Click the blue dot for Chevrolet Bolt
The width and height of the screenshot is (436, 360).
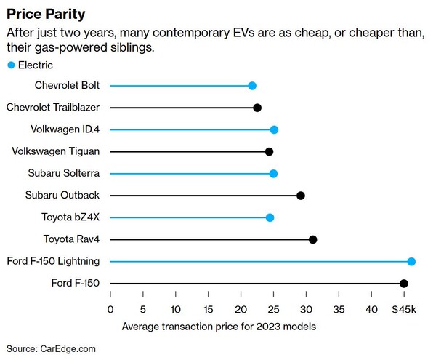(x=252, y=86)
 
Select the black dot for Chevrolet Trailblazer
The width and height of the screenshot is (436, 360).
(x=257, y=108)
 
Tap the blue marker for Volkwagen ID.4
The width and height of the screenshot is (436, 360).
(x=274, y=129)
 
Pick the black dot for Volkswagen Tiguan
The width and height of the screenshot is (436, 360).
(x=269, y=151)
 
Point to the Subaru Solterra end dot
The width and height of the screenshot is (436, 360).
(x=273, y=174)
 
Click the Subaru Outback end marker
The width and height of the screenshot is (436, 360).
(x=301, y=196)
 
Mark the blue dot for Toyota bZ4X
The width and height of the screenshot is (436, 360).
(x=270, y=217)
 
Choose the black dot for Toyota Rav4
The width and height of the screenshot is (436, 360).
(x=313, y=239)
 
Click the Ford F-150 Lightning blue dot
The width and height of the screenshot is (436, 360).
(x=411, y=262)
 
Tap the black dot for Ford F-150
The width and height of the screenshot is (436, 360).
(x=404, y=284)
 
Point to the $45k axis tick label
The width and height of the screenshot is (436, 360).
(x=404, y=309)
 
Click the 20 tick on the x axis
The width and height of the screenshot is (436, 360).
(x=241, y=309)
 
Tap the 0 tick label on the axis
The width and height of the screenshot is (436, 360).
(x=110, y=309)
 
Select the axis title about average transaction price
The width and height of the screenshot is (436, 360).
(x=219, y=327)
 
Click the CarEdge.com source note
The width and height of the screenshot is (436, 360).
(x=51, y=349)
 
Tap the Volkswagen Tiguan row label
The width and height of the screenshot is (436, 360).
(x=56, y=151)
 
